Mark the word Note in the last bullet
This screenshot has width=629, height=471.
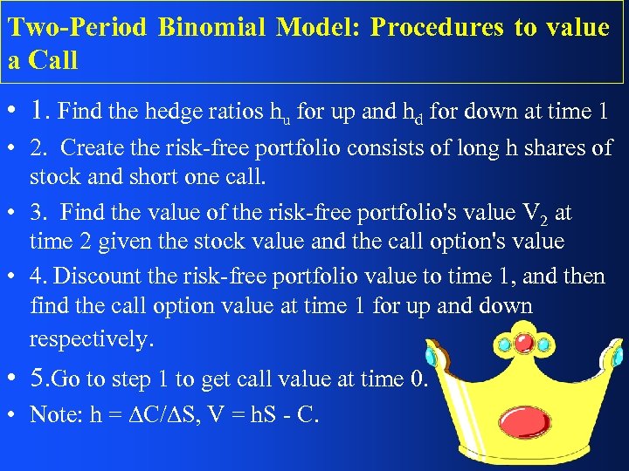54,414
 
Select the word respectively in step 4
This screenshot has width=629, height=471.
90,338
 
